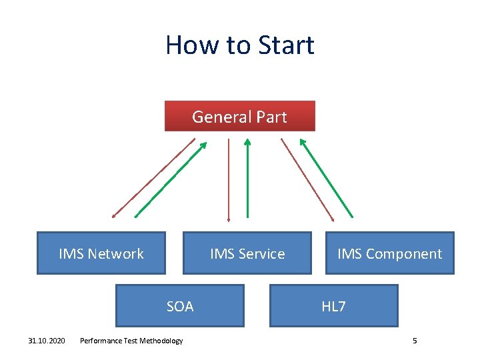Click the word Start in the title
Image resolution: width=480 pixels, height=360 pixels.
pyautogui.click(x=283, y=45)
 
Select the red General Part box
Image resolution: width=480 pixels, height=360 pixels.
pyautogui.click(x=239, y=117)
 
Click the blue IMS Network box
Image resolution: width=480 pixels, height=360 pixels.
pyautogui.click(x=101, y=253)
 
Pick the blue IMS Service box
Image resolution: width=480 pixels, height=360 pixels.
pyautogui.click(x=247, y=253)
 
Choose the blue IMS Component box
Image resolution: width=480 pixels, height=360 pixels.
pyautogui.click(x=389, y=253)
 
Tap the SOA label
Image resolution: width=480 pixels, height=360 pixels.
pyautogui.click(x=180, y=307)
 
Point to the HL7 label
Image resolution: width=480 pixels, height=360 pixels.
pyautogui.click(x=333, y=307)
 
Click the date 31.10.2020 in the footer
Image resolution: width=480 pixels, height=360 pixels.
pyautogui.click(x=47, y=341)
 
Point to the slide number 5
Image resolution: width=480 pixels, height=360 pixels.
pyautogui.click(x=415, y=341)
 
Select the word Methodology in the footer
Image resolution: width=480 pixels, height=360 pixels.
pyautogui.click(x=160, y=341)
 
